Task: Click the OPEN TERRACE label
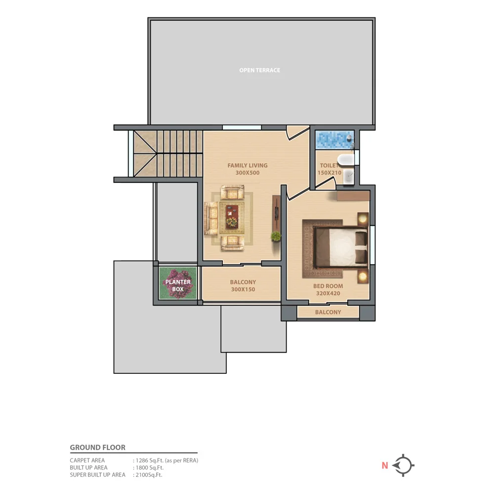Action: coord(259,70)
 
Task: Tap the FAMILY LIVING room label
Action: coord(247,166)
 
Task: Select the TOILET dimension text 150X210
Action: coord(329,173)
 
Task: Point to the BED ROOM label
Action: coord(328,286)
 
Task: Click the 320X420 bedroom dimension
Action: coord(328,293)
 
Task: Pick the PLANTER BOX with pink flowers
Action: coord(178,286)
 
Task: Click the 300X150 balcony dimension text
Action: coord(243,289)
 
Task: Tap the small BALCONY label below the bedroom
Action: coord(328,312)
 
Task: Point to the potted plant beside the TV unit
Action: coord(276,236)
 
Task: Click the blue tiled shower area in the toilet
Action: coord(333,139)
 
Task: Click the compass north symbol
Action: coord(404,465)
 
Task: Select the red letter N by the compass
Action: coord(384,465)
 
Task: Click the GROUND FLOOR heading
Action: coord(98,448)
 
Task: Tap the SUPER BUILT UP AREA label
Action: coord(97,475)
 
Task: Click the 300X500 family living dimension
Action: coord(247,173)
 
